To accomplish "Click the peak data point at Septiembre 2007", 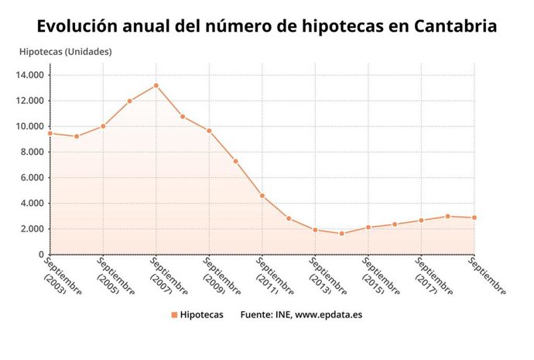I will (x=156, y=85).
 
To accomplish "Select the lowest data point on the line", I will (x=342, y=233).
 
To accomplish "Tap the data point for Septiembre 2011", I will (x=262, y=195).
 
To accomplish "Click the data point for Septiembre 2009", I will (x=209, y=131).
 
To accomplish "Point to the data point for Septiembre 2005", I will (x=103, y=126).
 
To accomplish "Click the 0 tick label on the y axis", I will (x=41, y=254).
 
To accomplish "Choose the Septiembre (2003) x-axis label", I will (x=63, y=277).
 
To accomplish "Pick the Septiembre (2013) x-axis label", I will (x=328, y=277).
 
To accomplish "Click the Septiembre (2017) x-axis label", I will (x=434, y=277).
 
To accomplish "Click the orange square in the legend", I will (x=174, y=315).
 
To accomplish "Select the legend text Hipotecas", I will (x=201, y=315).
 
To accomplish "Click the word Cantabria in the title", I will (x=456, y=26).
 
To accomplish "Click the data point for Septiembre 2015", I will (x=368, y=227).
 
